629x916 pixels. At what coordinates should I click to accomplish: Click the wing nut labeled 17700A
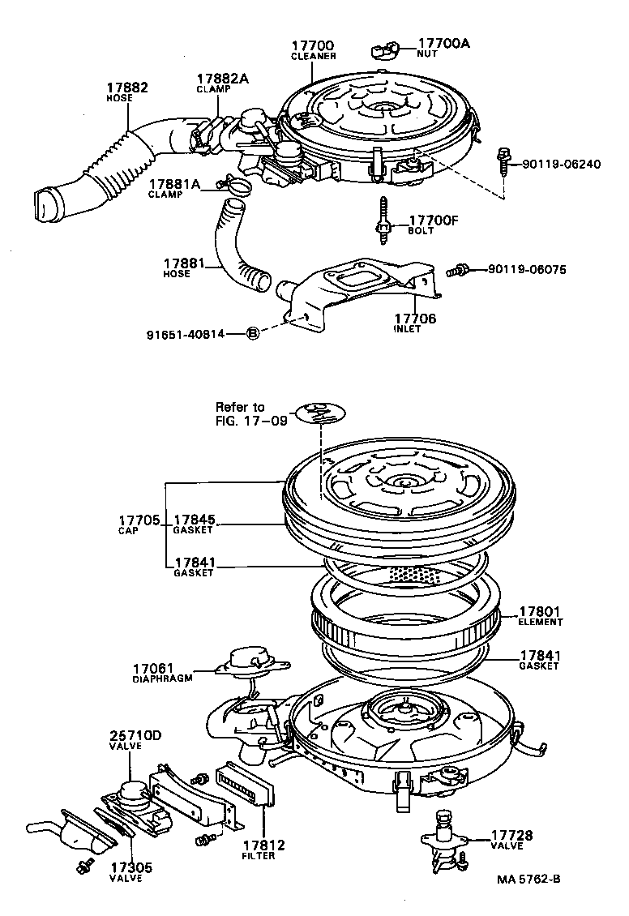tap(386, 51)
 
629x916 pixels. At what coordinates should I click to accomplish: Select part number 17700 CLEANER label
tap(313, 50)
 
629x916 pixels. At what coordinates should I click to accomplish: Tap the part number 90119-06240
tap(560, 165)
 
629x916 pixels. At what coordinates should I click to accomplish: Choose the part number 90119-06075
tap(526, 268)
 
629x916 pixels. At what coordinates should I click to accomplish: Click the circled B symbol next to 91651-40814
tap(252, 333)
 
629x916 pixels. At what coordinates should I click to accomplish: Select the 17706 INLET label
tap(414, 323)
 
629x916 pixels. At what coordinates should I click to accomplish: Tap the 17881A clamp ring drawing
tap(234, 186)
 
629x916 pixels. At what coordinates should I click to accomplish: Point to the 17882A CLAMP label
tap(221, 83)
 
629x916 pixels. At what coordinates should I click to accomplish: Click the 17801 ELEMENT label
tap(541, 616)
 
